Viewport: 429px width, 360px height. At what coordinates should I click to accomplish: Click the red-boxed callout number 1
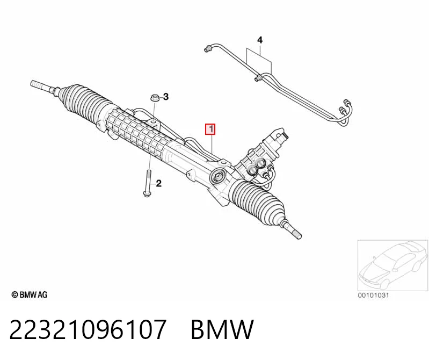(210, 129)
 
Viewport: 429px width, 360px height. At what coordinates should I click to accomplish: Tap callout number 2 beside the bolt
(159, 183)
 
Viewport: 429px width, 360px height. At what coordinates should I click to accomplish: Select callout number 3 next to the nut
(166, 97)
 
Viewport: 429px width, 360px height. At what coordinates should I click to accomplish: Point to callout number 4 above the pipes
(260, 40)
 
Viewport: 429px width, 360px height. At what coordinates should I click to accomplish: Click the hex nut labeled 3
(155, 98)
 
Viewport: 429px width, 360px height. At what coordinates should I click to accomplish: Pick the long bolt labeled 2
(148, 183)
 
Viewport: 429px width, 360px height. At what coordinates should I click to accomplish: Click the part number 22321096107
(88, 329)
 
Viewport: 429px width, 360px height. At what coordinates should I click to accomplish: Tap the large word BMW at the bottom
(222, 329)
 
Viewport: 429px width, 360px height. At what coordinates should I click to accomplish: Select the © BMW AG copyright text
(30, 294)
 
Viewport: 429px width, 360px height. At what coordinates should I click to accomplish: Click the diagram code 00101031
(373, 296)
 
